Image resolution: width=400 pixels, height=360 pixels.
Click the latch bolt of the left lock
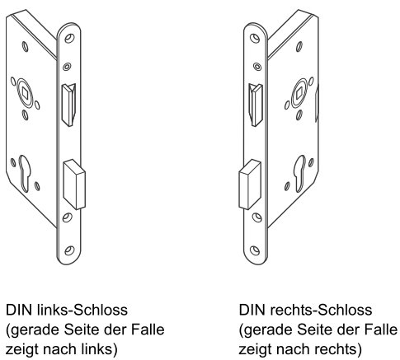68,105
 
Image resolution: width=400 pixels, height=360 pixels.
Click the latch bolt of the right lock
256,105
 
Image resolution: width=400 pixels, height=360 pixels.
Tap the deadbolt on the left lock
74,185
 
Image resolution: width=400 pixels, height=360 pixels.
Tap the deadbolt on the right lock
250,185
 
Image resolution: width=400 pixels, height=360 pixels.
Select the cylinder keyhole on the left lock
24,174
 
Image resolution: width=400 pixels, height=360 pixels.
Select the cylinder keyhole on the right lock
300,174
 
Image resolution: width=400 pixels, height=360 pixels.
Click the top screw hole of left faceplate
69,38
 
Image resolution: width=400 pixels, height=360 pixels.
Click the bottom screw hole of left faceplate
69,250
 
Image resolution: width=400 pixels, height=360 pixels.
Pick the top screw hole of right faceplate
255,38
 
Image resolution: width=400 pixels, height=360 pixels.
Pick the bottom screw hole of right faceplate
255,250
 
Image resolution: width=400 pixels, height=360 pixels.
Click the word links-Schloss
82,310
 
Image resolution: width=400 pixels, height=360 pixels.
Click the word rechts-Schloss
321,310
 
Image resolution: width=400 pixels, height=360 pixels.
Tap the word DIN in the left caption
19,310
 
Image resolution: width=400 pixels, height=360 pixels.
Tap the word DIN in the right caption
252,310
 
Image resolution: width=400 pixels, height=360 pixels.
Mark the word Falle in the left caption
148,330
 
